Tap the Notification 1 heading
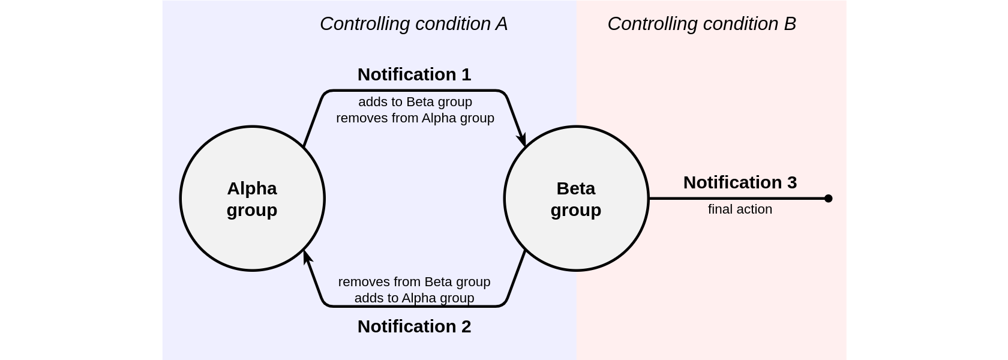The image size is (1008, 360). coord(414,74)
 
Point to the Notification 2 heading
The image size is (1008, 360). coord(414,326)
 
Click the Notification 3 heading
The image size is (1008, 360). coord(740,182)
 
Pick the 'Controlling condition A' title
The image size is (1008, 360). coord(413,24)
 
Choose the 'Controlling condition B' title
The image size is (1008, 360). coord(701,24)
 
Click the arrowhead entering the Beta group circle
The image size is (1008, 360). coord(522,139)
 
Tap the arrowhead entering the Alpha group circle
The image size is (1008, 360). coord(307,258)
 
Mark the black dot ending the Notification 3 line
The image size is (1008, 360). coord(828,199)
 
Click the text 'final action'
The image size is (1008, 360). coord(740,209)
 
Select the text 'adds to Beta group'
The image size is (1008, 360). coord(415,102)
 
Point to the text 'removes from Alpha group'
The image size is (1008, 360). coord(415,118)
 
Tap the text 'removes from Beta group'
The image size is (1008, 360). coord(414,282)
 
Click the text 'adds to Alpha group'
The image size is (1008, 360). coord(414,298)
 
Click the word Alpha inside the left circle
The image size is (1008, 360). coord(252,188)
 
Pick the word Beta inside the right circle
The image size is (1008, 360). coord(576,188)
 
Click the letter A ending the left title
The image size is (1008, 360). coord(502,24)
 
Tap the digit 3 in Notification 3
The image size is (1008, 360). coord(791,182)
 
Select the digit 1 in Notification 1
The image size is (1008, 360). coord(466,74)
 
